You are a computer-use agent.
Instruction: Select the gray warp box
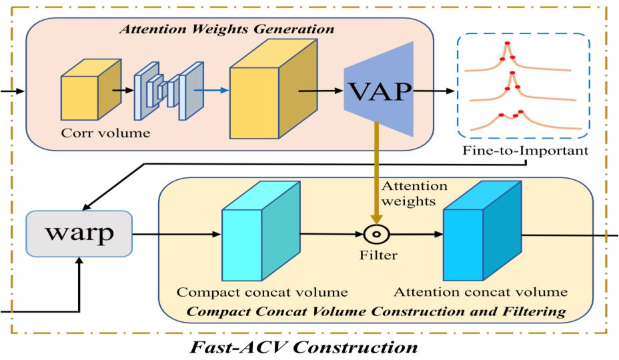tap(79, 234)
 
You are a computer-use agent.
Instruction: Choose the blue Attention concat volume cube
tap(482, 231)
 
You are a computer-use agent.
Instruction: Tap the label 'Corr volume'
tap(106, 133)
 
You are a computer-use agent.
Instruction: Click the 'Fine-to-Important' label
tap(525, 151)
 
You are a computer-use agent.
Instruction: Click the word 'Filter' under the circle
tap(377, 255)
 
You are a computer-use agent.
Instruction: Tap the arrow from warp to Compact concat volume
tap(176, 235)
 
